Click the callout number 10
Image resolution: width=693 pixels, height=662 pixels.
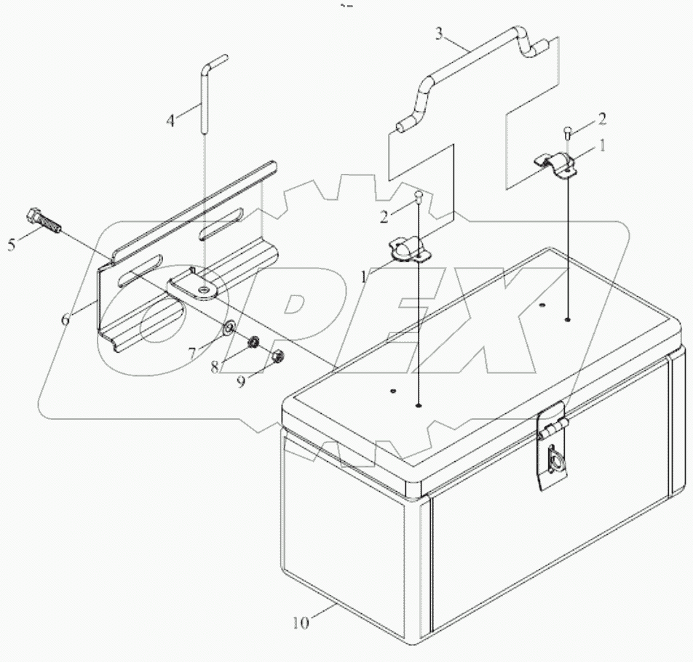pyautogui.click(x=301, y=623)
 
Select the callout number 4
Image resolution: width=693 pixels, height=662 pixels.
pyautogui.click(x=170, y=120)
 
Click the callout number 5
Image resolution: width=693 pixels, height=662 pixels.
pyautogui.click(x=12, y=244)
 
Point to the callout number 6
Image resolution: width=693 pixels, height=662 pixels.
pyautogui.click(x=66, y=319)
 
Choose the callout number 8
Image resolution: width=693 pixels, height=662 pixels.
pyautogui.click(x=215, y=367)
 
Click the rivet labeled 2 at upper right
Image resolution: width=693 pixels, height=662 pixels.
pyautogui.click(x=568, y=132)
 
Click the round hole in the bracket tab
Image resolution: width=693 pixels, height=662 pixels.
pyautogui.click(x=207, y=291)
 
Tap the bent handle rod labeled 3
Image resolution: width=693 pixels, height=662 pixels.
pyautogui.click(x=466, y=65)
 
